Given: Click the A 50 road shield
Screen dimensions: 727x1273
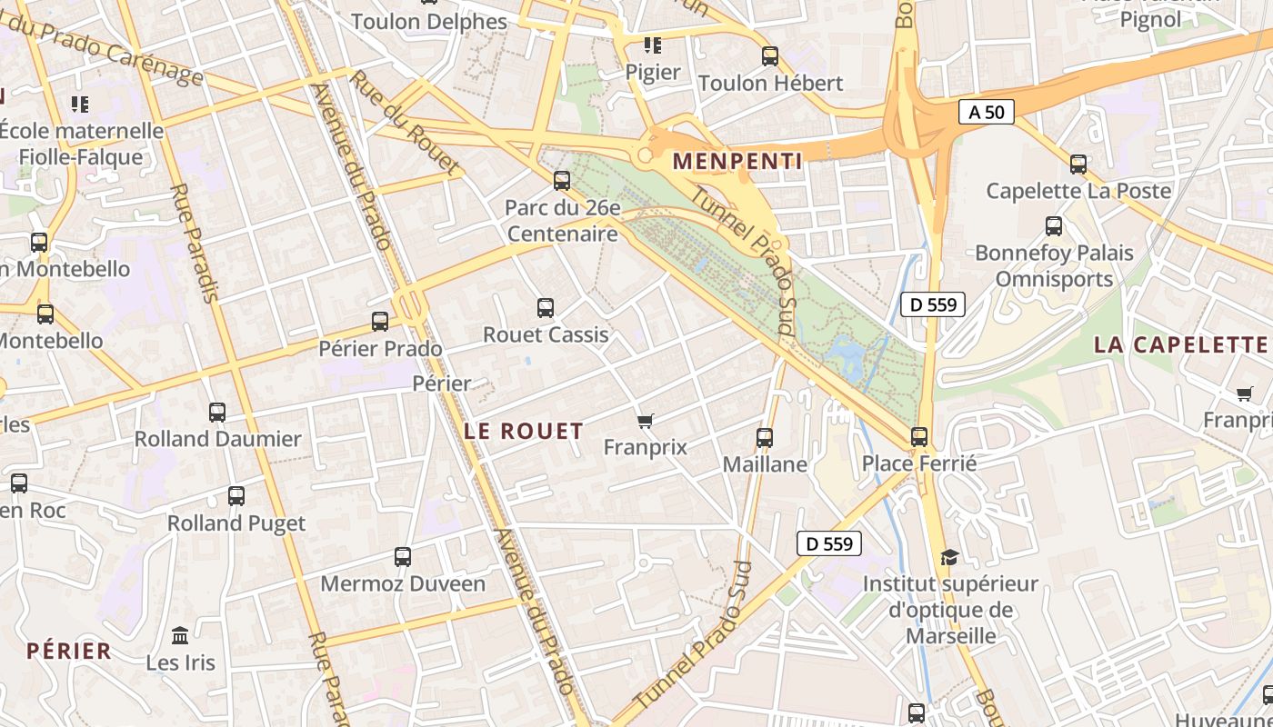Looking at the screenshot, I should (x=986, y=113).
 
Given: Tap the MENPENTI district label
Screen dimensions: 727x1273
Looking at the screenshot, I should (x=737, y=162).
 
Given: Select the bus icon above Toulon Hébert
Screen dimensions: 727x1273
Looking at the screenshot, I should (x=770, y=56).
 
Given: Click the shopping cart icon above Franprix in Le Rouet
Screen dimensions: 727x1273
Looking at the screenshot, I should (x=646, y=420).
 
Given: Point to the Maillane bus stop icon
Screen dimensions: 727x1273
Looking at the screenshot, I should (x=765, y=438).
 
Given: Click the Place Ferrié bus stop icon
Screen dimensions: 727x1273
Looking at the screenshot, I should (x=919, y=437).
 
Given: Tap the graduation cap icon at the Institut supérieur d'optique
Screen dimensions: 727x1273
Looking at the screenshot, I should (x=949, y=557).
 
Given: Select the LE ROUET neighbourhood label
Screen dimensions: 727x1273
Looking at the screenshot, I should (x=524, y=431).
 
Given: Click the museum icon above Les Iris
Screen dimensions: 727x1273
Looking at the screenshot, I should (x=180, y=635).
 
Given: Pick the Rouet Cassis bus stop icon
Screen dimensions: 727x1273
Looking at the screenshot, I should (x=546, y=308).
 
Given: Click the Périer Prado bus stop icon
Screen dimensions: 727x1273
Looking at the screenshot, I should (x=380, y=322).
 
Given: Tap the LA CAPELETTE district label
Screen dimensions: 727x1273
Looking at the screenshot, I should (x=1180, y=344).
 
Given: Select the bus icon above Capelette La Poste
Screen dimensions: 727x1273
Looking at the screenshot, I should (x=1078, y=164).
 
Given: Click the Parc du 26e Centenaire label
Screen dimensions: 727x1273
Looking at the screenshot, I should (x=563, y=221).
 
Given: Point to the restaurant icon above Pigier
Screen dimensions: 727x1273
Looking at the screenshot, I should (x=652, y=45).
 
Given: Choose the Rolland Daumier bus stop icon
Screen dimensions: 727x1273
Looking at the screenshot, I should (x=217, y=413).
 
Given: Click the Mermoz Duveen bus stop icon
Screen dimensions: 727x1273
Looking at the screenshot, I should (x=403, y=557).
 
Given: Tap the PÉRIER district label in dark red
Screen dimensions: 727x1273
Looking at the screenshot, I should (x=69, y=651).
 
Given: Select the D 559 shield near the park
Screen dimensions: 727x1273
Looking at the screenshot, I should (x=932, y=304).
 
